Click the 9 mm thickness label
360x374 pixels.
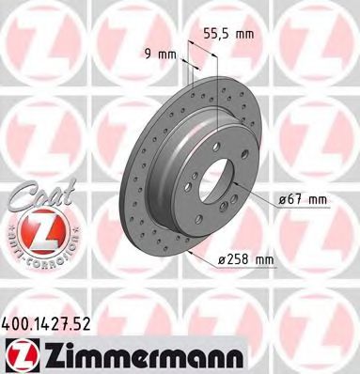click(162, 54)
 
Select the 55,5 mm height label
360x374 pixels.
click(228, 35)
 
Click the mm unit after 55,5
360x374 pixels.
click(243, 35)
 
